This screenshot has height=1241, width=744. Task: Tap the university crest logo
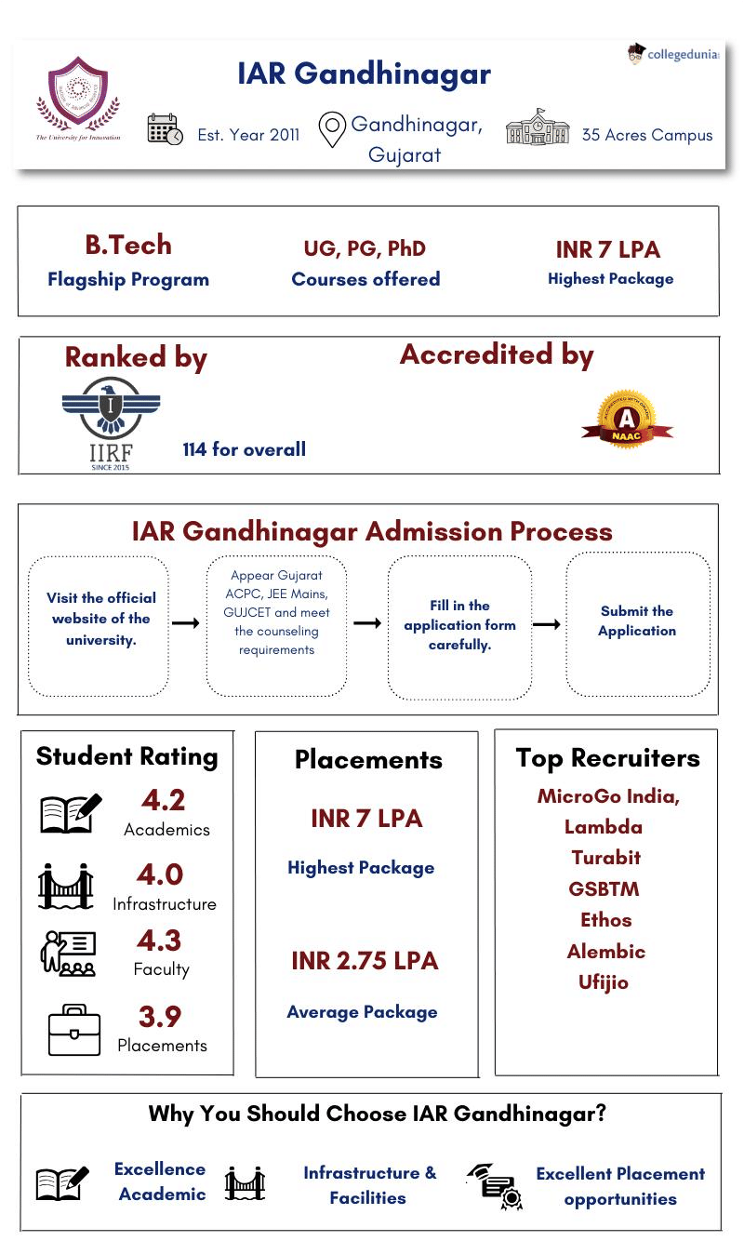point(77,96)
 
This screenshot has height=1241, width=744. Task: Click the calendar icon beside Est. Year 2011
point(165,130)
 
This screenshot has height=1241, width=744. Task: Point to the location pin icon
point(332,130)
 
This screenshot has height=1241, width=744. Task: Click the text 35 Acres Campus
point(646,135)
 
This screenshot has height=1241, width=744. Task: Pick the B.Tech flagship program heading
point(128,246)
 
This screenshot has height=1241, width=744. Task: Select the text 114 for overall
point(244,449)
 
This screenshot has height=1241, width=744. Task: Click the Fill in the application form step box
point(459,625)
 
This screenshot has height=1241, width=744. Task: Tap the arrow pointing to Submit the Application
point(546,624)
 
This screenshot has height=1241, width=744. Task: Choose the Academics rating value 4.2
point(163,800)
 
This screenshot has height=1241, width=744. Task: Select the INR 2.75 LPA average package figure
point(364,961)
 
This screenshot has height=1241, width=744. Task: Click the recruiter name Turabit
point(605,858)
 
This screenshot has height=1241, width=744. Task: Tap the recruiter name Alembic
point(605,952)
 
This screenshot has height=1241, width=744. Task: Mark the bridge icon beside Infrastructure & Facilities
point(245,1184)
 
